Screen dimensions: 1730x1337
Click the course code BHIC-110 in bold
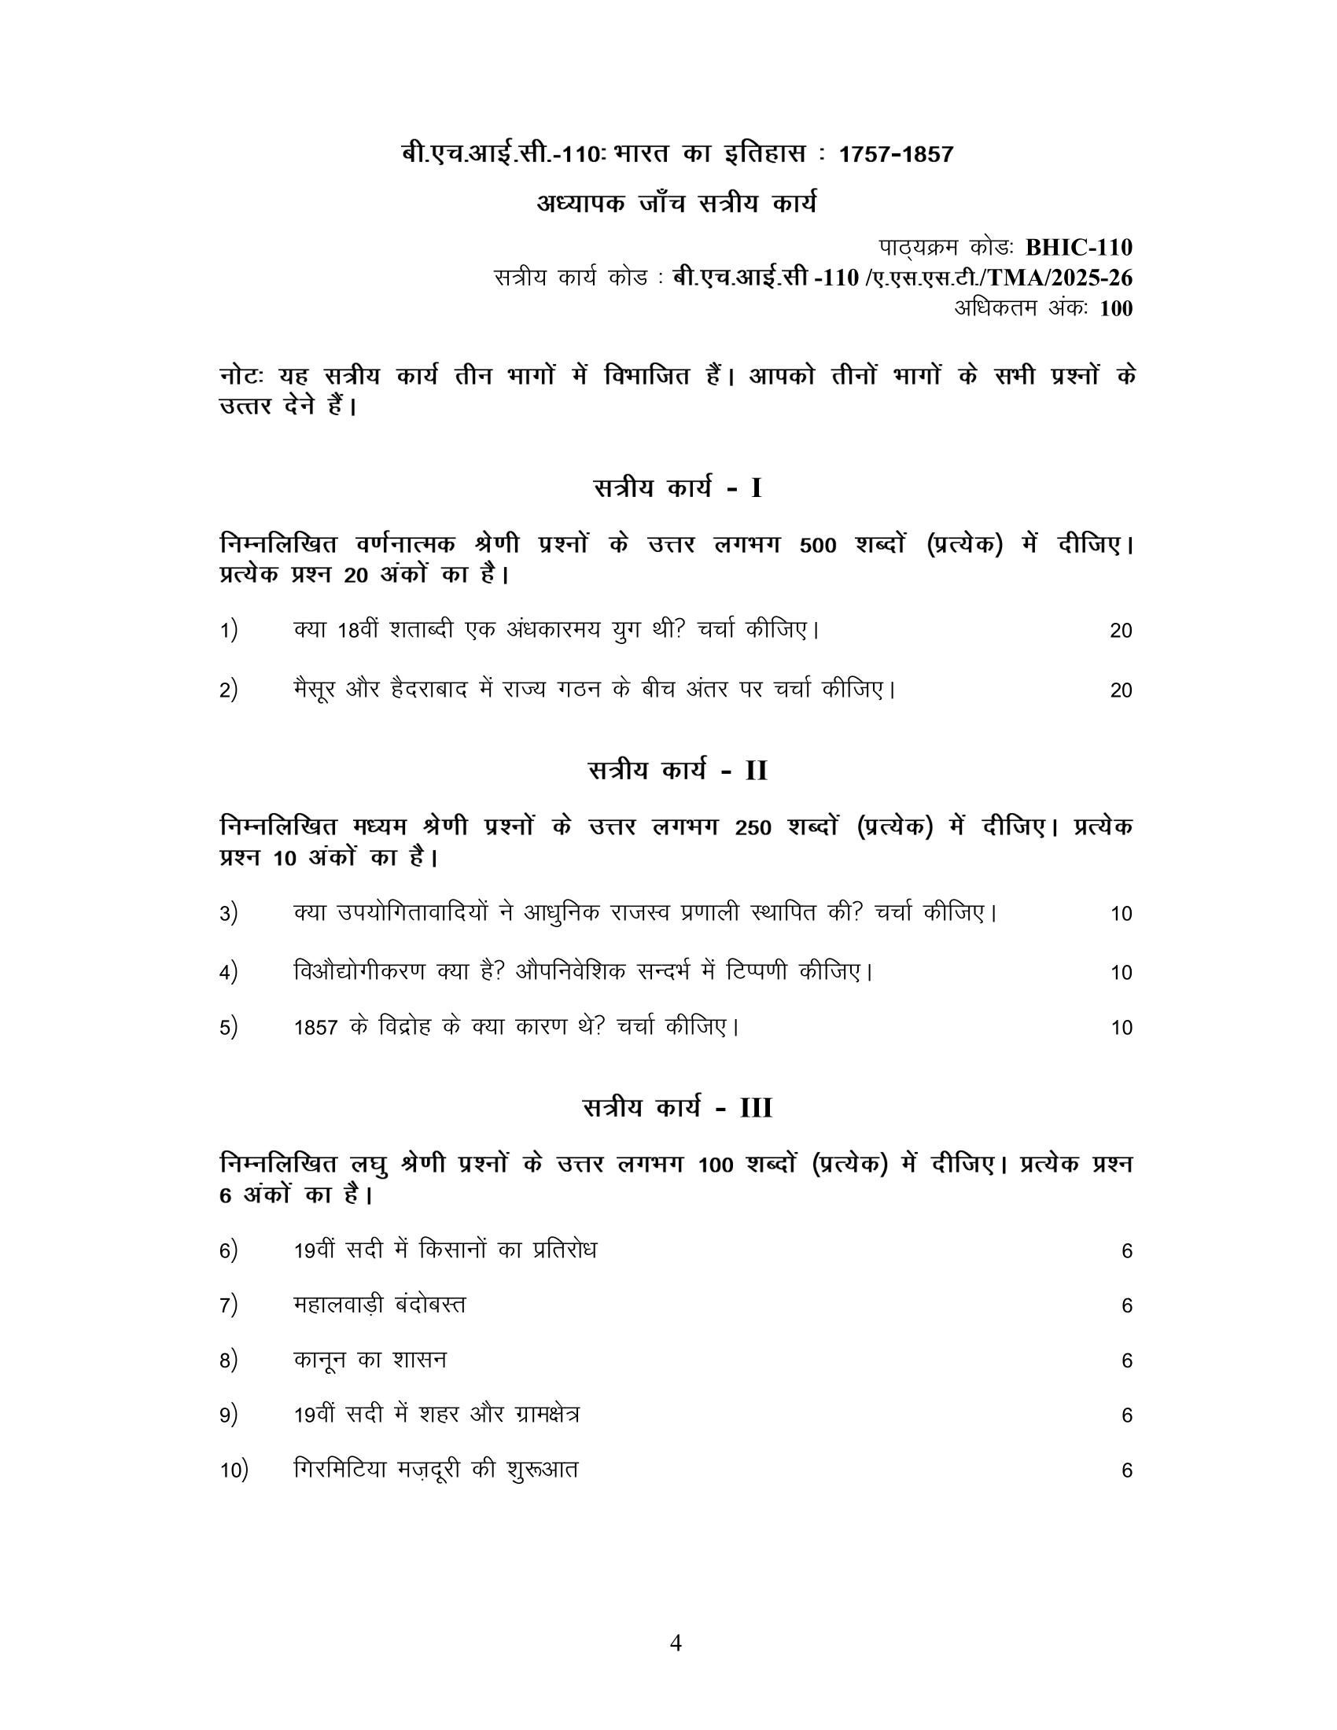point(1079,248)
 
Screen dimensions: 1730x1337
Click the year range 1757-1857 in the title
point(896,153)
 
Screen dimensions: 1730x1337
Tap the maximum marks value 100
point(1116,308)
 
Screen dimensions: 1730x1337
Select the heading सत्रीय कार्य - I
point(677,488)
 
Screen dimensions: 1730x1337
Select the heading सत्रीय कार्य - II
point(677,770)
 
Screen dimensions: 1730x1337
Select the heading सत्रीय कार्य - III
point(677,1107)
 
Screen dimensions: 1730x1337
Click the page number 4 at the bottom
point(676,1642)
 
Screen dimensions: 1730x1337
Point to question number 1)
point(229,631)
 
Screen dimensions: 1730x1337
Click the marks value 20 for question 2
point(1121,690)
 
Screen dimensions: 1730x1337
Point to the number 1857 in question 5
point(316,1028)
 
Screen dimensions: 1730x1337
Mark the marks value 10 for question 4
point(1121,973)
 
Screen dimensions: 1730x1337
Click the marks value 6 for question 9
point(1127,1415)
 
